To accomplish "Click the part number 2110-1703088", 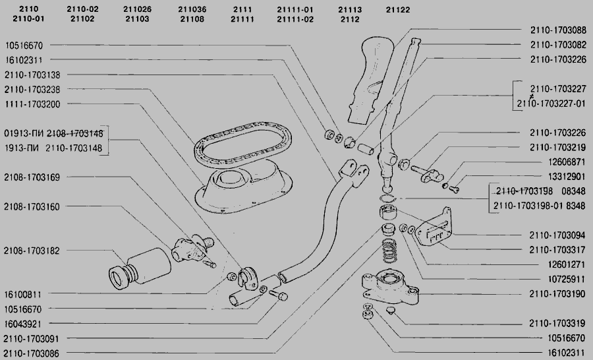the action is tap(558, 30).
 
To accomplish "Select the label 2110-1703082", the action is tap(558, 45).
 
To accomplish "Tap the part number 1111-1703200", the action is tap(32, 104).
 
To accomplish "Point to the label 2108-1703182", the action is tap(32, 251).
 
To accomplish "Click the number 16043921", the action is tap(22, 324).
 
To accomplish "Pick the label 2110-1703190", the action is tap(557, 294).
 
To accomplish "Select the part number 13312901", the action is tap(567, 177).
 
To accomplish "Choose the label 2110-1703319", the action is tap(557, 324).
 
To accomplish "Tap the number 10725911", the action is tap(567, 280).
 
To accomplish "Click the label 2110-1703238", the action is tap(32, 90).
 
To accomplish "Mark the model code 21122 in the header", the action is tap(398, 10).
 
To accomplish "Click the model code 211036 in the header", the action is tap(192, 9).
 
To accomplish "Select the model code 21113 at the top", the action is tap(350, 10).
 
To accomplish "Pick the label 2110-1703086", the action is tap(32, 353).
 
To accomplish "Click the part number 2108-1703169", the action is tap(32, 177).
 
